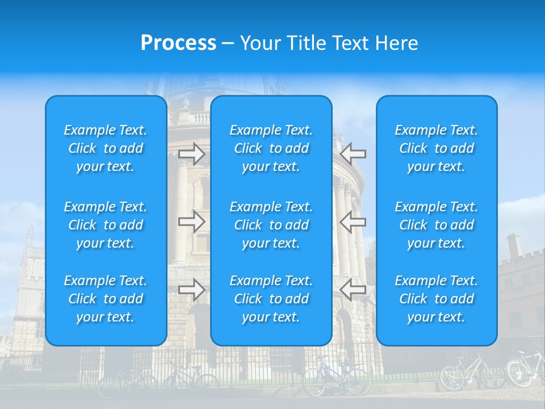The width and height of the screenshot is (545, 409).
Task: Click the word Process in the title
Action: tap(178, 43)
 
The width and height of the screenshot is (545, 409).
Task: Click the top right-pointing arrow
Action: tap(191, 154)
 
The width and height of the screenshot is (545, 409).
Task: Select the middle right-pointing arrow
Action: tap(191, 222)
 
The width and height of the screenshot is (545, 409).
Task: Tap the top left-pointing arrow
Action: tap(353, 154)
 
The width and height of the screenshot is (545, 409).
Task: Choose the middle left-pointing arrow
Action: tap(353, 222)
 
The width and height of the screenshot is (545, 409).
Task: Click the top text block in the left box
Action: tap(106, 148)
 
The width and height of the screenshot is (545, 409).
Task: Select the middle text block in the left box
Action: tap(106, 225)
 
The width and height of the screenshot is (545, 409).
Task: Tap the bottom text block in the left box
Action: tap(106, 299)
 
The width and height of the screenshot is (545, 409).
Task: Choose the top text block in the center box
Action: tap(271, 148)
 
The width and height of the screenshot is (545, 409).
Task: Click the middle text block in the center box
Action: tap(271, 225)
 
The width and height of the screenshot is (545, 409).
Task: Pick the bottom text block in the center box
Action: tap(271, 299)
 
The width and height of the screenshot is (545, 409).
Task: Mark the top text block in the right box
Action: tap(436, 148)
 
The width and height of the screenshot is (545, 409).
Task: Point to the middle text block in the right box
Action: tap(436, 225)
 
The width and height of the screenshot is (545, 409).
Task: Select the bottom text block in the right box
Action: tap(436, 299)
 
